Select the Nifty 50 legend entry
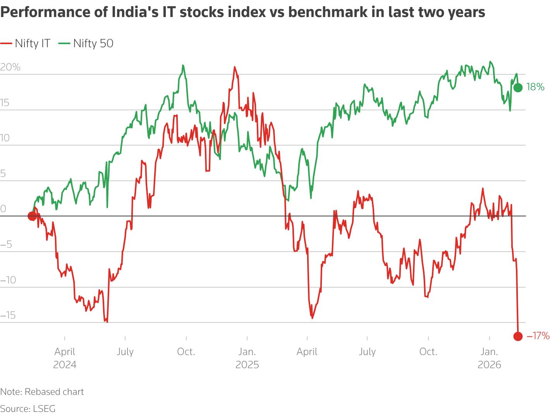coord(86,43)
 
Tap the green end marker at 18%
coord(518,87)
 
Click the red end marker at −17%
coord(518,336)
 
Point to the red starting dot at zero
coord(33,216)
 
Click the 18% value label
coord(535,87)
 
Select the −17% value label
coord(538,336)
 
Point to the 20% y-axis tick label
coord(10,67)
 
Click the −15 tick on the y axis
coord(8,315)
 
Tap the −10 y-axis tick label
coord(8,280)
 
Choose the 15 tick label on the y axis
coord(5,103)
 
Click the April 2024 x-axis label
coord(65,358)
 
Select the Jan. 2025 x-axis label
coord(247,358)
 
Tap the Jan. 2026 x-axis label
coord(490,358)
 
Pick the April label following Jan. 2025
coord(307,352)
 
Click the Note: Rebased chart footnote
coord(42,392)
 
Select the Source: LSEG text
coord(28,408)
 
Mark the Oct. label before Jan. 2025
coord(186,352)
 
